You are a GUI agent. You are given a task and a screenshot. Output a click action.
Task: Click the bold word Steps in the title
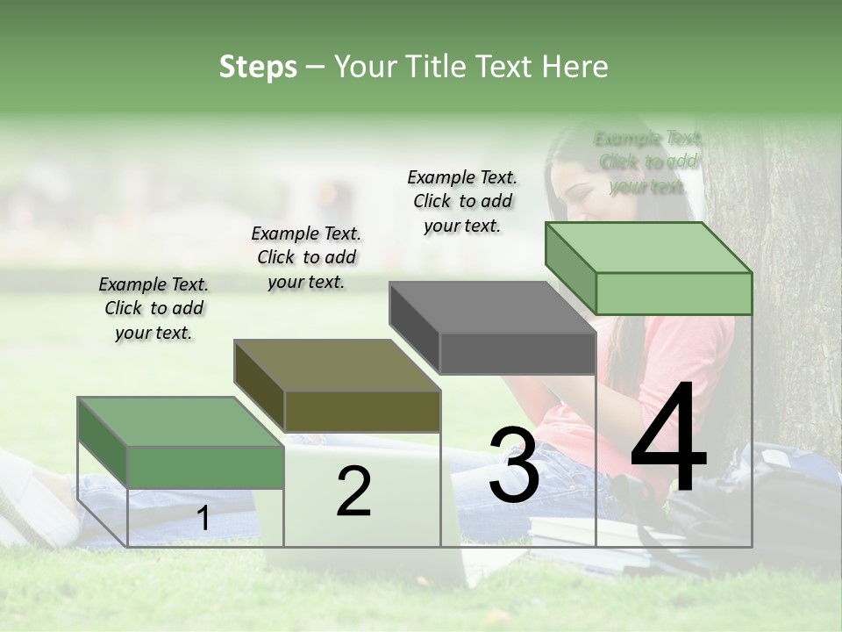258,68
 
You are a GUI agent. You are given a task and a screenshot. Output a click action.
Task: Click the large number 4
668,439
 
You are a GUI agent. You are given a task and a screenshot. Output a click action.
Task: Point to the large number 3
514,464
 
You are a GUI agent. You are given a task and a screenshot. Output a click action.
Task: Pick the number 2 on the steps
353,492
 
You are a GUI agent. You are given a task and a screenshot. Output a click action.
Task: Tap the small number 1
203,519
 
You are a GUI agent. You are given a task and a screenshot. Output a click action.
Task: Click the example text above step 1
153,308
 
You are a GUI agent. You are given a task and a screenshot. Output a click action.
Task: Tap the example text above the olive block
306,257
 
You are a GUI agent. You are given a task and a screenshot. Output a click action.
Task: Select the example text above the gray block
462,201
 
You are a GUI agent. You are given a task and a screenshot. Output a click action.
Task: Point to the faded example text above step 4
647,162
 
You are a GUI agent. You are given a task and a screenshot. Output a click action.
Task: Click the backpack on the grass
781,500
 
